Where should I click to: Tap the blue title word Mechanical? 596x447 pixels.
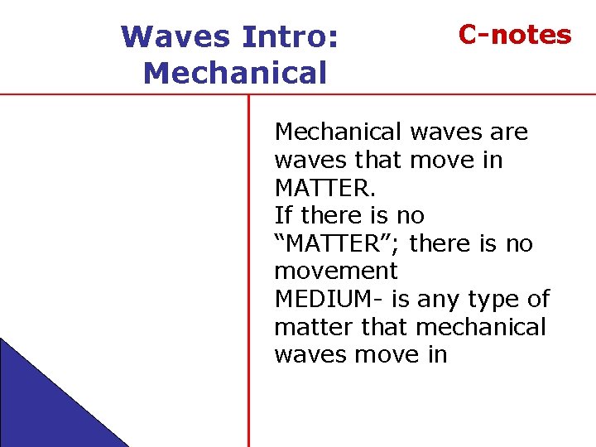(x=235, y=74)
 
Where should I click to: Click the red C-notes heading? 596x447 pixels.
(x=515, y=35)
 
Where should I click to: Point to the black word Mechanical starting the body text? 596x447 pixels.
(x=338, y=132)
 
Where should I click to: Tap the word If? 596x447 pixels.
(x=283, y=216)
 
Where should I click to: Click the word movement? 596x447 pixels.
(x=336, y=272)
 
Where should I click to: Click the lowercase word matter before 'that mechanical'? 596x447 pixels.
(x=314, y=328)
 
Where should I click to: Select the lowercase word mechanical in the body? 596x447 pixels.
(x=481, y=328)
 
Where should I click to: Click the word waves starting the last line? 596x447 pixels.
(x=310, y=355)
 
